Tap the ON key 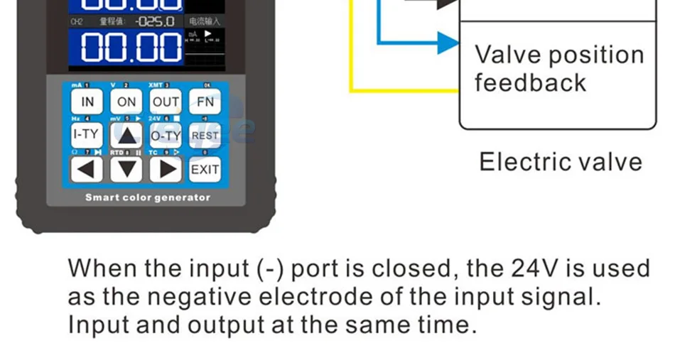click(126, 102)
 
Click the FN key click(205, 102)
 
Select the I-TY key click(87, 135)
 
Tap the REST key click(205, 135)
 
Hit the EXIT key click(205, 169)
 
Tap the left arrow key click(87, 169)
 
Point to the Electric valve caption click(561, 162)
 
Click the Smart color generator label click(148, 197)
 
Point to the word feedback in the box click(530, 82)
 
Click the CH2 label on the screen click(77, 22)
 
